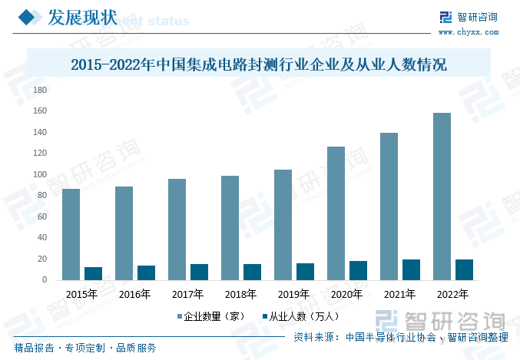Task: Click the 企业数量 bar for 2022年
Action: click(x=442, y=197)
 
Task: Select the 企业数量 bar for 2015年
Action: click(x=71, y=234)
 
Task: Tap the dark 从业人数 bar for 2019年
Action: click(x=305, y=272)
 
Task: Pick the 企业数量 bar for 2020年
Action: click(x=336, y=213)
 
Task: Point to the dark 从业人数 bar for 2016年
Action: click(x=146, y=272)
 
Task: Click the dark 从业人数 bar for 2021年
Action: click(x=411, y=270)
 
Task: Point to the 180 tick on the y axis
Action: click(x=41, y=90)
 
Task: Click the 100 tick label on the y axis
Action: click(x=41, y=174)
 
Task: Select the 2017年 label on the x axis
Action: click(x=187, y=294)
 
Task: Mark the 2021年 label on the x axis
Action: click(x=399, y=294)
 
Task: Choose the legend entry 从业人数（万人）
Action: click(x=301, y=316)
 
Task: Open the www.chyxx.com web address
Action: click(x=467, y=32)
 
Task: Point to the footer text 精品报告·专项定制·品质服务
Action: click(x=85, y=348)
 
